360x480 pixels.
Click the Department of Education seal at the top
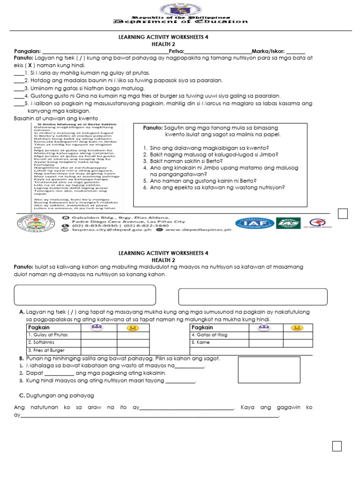(180, 8)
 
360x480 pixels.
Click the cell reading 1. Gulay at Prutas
(53, 335)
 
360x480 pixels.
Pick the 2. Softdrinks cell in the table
(53, 343)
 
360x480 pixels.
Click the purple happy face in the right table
(264, 327)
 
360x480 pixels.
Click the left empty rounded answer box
(85, 295)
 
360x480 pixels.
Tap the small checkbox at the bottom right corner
(337, 446)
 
